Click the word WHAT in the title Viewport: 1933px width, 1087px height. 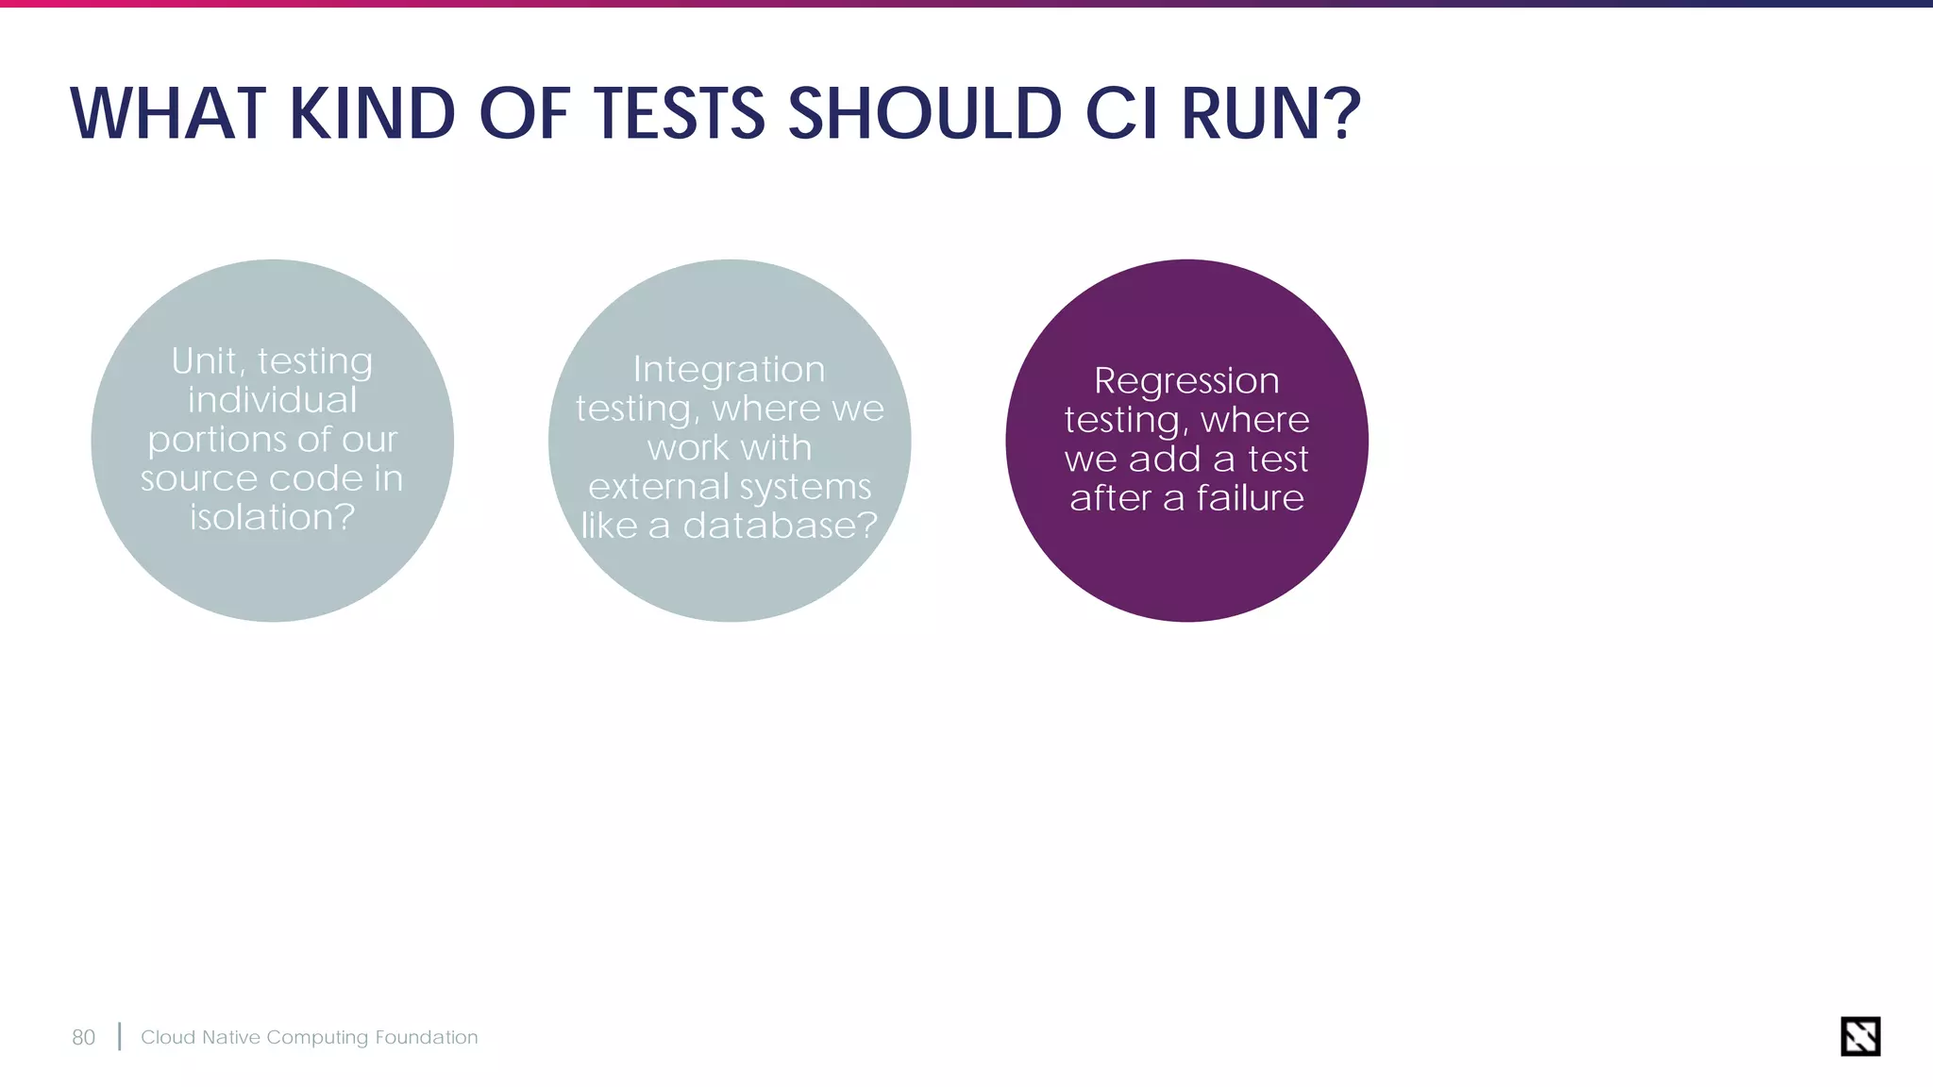point(168,114)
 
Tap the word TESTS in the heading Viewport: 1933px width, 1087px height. point(679,114)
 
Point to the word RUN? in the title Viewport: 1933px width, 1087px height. point(1270,114)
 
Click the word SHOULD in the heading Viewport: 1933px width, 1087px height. point(925,114)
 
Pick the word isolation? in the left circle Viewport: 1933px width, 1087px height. point(272,517)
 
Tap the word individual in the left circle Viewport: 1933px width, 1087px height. point(272,400)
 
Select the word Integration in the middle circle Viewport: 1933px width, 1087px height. point(729,369)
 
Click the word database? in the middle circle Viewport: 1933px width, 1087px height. point(780,526)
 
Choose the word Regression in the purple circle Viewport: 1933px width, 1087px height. point(1186,380)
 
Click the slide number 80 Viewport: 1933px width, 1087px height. point(83,1037)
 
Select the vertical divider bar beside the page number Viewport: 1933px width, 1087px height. point(120,1036)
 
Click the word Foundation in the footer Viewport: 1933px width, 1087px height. point(426,1037)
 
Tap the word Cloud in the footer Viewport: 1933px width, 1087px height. point(168,1037)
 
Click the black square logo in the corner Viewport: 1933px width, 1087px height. point(1859,1036)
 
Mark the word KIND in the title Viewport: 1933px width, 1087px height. point(372,114)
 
